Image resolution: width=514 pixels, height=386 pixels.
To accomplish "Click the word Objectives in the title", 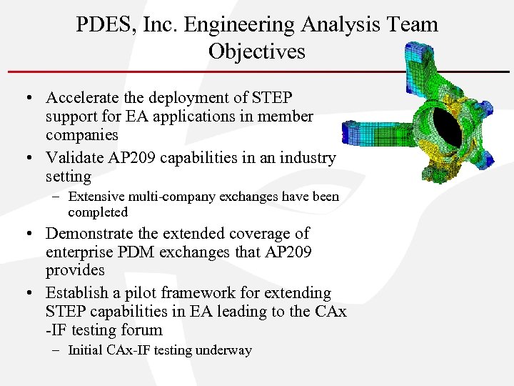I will click(x=257, y=51).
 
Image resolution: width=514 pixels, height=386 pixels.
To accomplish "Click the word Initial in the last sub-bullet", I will click(x=85, y=350).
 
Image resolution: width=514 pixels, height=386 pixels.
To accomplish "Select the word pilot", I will click(x=145, y=293).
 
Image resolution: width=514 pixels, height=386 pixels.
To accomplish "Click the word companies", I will click(x=82, y=134).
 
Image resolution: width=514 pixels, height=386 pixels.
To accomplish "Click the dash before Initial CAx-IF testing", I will click(x=58, y=350).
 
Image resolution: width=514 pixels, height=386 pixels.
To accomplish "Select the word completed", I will click(x=98, y=212).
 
